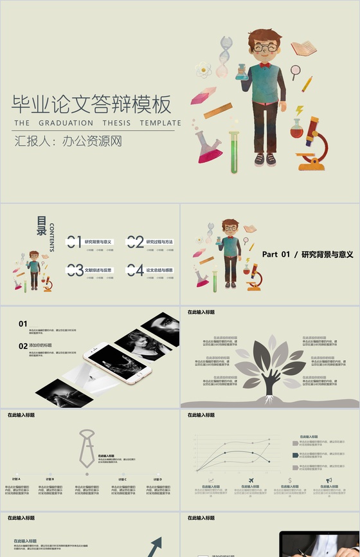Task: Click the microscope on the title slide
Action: [312, 143]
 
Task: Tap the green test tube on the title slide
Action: [234, 152]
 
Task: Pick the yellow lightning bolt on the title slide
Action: [299, 111]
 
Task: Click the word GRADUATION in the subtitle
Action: [62, 123]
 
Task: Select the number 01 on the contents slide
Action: [75, 242]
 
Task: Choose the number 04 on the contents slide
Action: [135, 270]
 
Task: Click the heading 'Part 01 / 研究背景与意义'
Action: [308, 255]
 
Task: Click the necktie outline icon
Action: [86, 446]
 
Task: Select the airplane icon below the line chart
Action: [249, 480]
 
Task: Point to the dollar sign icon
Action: [291, 480]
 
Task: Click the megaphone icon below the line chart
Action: [328, 480]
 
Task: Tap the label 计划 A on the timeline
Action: [15, 479]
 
